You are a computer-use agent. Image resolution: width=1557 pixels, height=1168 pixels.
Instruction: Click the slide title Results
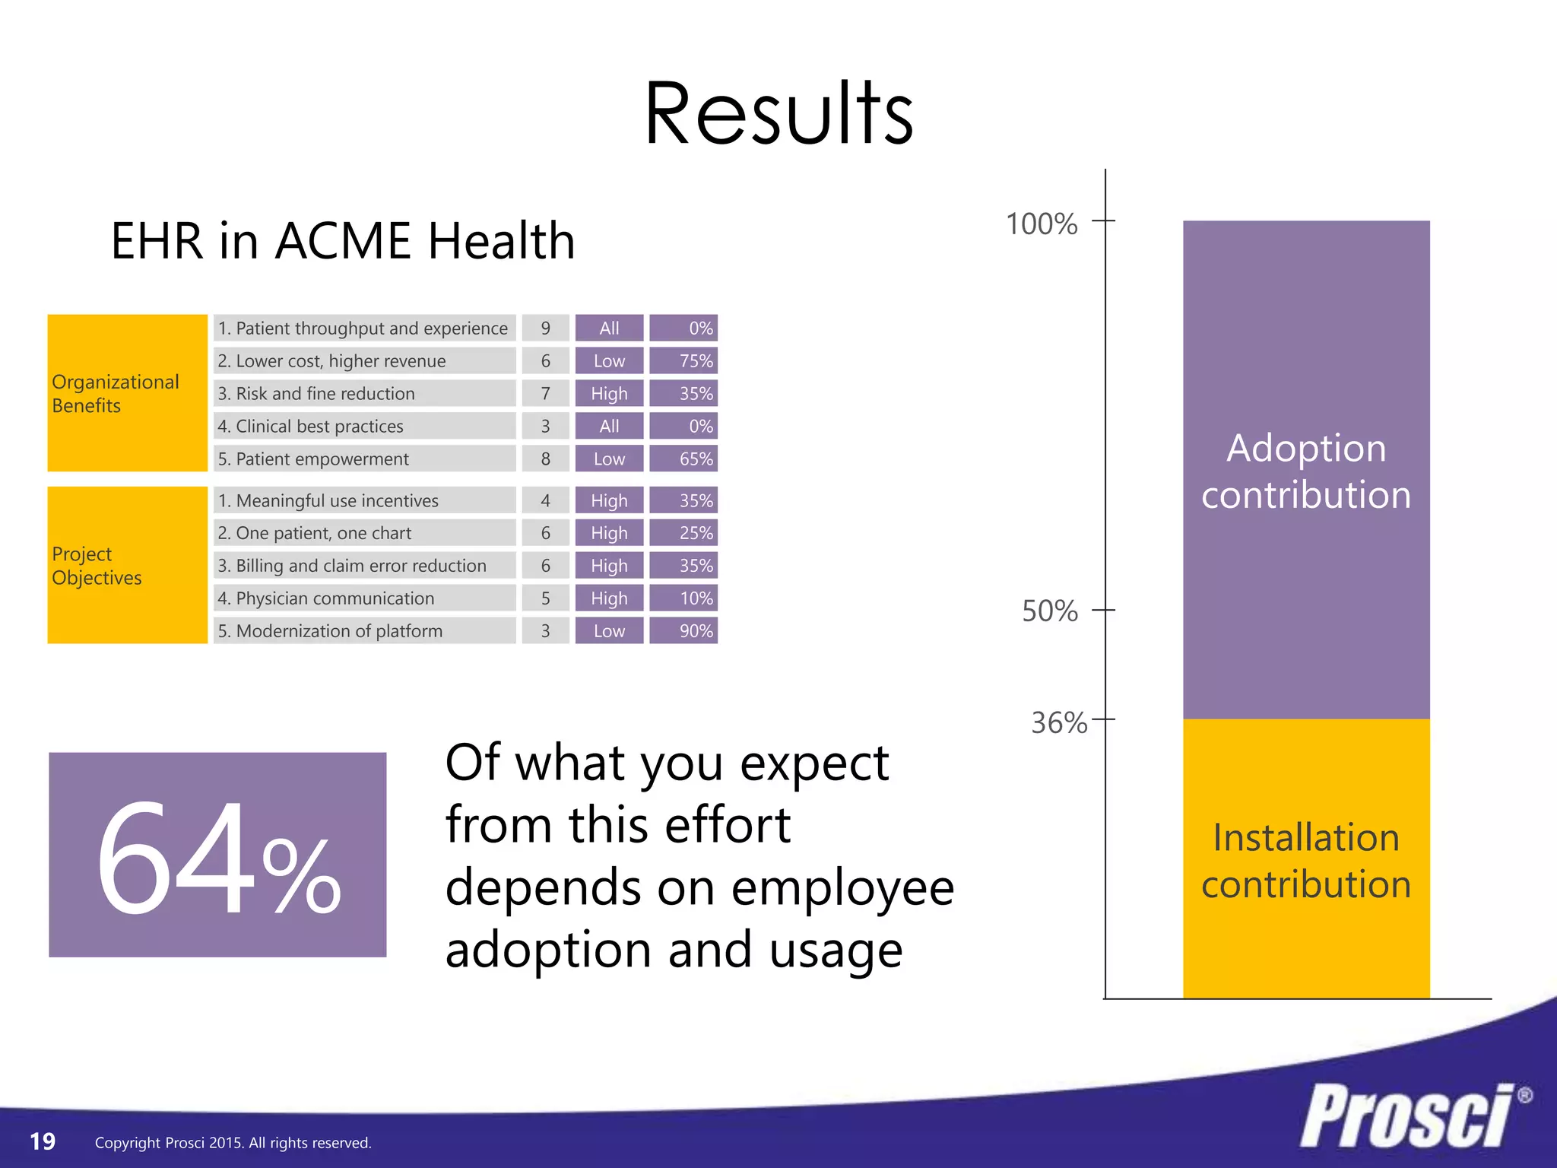point(778,114)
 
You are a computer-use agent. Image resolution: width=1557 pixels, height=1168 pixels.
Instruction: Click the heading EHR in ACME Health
point(342,241)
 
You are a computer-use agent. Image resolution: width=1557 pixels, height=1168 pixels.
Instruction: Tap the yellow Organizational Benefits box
point(127,393)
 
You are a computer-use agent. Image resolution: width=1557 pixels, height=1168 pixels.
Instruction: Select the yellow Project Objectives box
point(127,565)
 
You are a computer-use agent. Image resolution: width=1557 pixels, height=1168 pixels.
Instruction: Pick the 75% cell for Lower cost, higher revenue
point(683,361)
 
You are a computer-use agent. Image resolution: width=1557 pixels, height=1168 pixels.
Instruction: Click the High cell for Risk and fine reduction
point(609,394)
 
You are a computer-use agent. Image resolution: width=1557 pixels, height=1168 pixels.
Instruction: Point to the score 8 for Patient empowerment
point(545,459)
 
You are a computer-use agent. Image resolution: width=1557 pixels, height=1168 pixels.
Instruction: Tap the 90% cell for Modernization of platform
point(683,631)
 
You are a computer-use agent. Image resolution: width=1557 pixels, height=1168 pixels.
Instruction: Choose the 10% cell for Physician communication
point(683,598)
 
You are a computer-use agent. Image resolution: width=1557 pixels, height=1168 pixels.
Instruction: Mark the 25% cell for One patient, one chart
point(683,534)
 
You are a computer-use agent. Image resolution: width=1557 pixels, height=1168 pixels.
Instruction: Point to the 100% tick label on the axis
point(1041,224)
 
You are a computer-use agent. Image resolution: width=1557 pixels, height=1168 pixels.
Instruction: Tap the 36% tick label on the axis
point(1058,722)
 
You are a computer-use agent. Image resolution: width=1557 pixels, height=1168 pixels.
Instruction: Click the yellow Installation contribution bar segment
point(1306,859)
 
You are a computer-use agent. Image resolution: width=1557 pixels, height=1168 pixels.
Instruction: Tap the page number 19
point(43,1141)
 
